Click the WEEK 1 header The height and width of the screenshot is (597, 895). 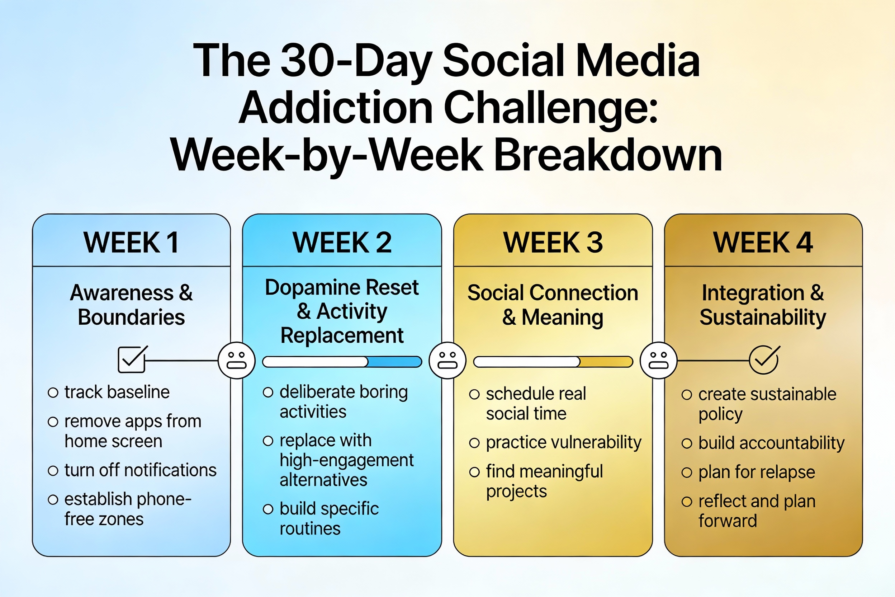point(131,243)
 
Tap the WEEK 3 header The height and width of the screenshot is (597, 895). point(553,243)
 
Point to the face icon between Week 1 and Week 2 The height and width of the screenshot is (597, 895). point(237,360)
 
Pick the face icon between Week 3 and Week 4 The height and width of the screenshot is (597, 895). point(658,360)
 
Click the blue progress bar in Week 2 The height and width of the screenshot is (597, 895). point(342,362)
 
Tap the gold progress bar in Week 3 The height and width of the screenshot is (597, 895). point(553,362)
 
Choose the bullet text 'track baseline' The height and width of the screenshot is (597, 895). point(117,392)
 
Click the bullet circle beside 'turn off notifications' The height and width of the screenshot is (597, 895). point(53,471)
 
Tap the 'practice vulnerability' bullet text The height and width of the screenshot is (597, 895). point(564,443)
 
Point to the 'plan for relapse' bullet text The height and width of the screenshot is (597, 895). point(757,473)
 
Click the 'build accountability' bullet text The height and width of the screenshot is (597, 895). point(771,443)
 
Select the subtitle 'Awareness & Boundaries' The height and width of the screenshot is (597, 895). point(131,305)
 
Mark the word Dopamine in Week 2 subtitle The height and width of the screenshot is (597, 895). point(312,287)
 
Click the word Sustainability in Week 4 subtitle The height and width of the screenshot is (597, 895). point(763,318)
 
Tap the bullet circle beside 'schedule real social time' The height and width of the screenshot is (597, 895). point(474,394)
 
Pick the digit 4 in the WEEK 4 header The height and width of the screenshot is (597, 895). point(804,243)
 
